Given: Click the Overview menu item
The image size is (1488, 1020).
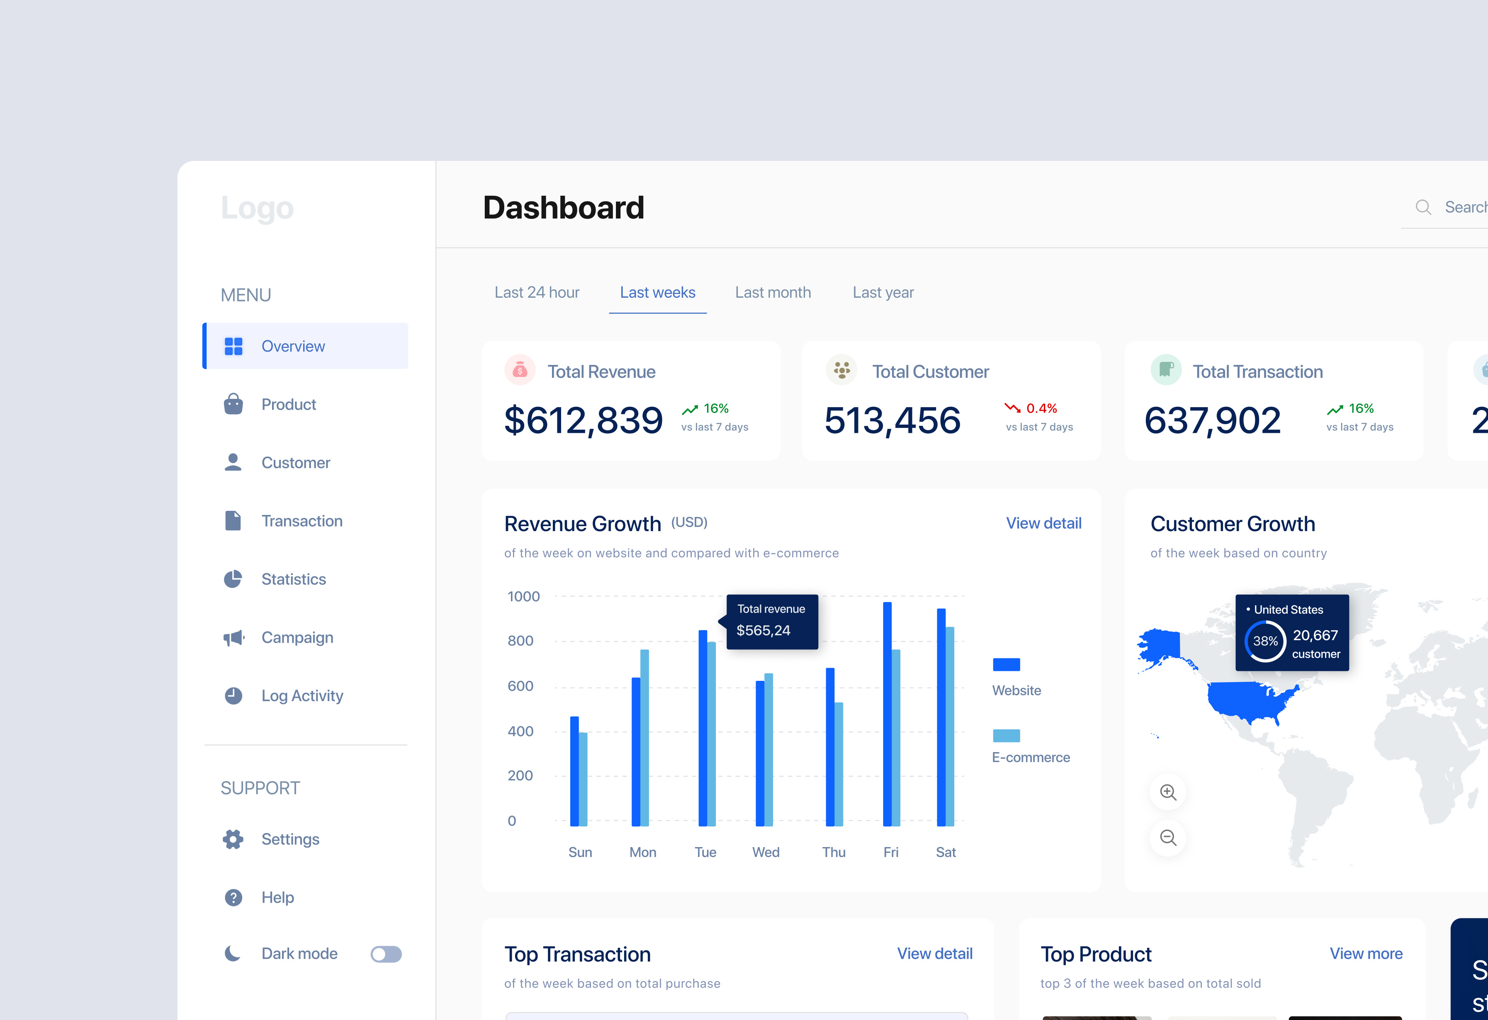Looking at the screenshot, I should click(293, 346).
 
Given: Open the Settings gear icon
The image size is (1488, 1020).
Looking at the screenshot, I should click(233, 840).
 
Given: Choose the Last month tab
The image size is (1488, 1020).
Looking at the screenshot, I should click(773, 293).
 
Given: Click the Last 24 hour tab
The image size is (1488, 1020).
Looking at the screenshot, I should click(537, 293).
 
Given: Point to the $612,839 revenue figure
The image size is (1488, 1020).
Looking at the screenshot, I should click(583, 421).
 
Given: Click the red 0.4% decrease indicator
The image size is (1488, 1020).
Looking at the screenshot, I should click(1031, 408).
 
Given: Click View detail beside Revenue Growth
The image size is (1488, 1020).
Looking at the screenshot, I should click(1043, 524).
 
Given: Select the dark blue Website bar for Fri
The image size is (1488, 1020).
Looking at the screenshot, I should click(887, 714).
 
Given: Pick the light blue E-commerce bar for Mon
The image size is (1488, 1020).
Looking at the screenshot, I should click(644, 736).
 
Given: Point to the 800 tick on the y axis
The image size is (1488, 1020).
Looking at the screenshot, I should click(520, 641).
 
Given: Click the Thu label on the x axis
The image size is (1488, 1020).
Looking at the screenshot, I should click(834, 852).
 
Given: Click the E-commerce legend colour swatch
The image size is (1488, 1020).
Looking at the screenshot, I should click(1006, 736).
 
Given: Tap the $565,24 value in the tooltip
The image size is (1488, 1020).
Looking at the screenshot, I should click(763, 631).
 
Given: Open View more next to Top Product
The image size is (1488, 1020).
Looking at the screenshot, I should click(1366, 954).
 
